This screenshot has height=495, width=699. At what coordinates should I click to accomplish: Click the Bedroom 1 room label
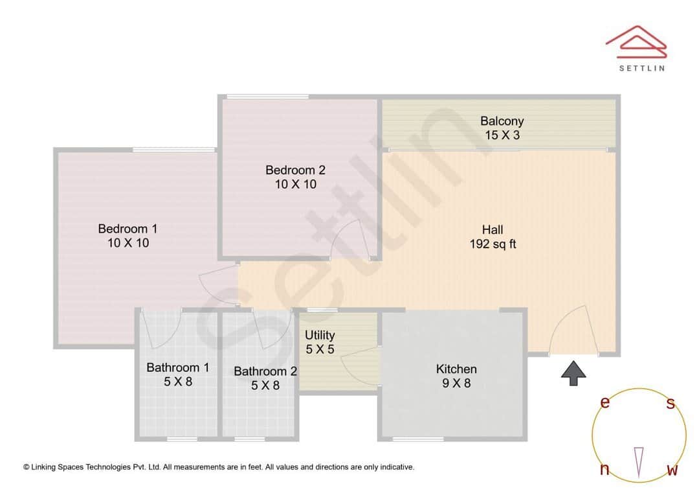(128, 229)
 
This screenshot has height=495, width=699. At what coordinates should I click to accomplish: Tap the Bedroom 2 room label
(295, 170)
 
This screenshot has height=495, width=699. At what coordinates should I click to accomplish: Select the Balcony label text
(502, 121)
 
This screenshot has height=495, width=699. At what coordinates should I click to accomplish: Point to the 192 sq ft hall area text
(493, 244)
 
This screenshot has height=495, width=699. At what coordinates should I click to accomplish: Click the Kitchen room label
(456, 369)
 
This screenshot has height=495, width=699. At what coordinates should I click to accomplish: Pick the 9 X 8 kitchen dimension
(456, 384)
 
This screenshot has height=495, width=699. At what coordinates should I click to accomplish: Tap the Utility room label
(320, 335)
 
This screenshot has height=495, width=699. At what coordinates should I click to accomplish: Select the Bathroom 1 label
(177, 368)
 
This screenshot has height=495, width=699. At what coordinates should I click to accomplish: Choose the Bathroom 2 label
(265, 371)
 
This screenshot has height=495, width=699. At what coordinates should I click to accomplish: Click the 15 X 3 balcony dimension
(502, 135)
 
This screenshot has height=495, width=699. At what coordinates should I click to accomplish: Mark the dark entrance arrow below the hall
(573, 374)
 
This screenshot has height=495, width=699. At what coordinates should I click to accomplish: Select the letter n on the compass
(605, 470)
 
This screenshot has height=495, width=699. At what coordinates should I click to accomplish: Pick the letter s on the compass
(671, 404)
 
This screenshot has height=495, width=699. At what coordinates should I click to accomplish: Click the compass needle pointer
(639, 461)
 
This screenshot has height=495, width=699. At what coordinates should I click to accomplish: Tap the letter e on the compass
(605, 402)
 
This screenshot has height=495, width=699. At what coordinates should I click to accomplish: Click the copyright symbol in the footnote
(27, 466)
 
